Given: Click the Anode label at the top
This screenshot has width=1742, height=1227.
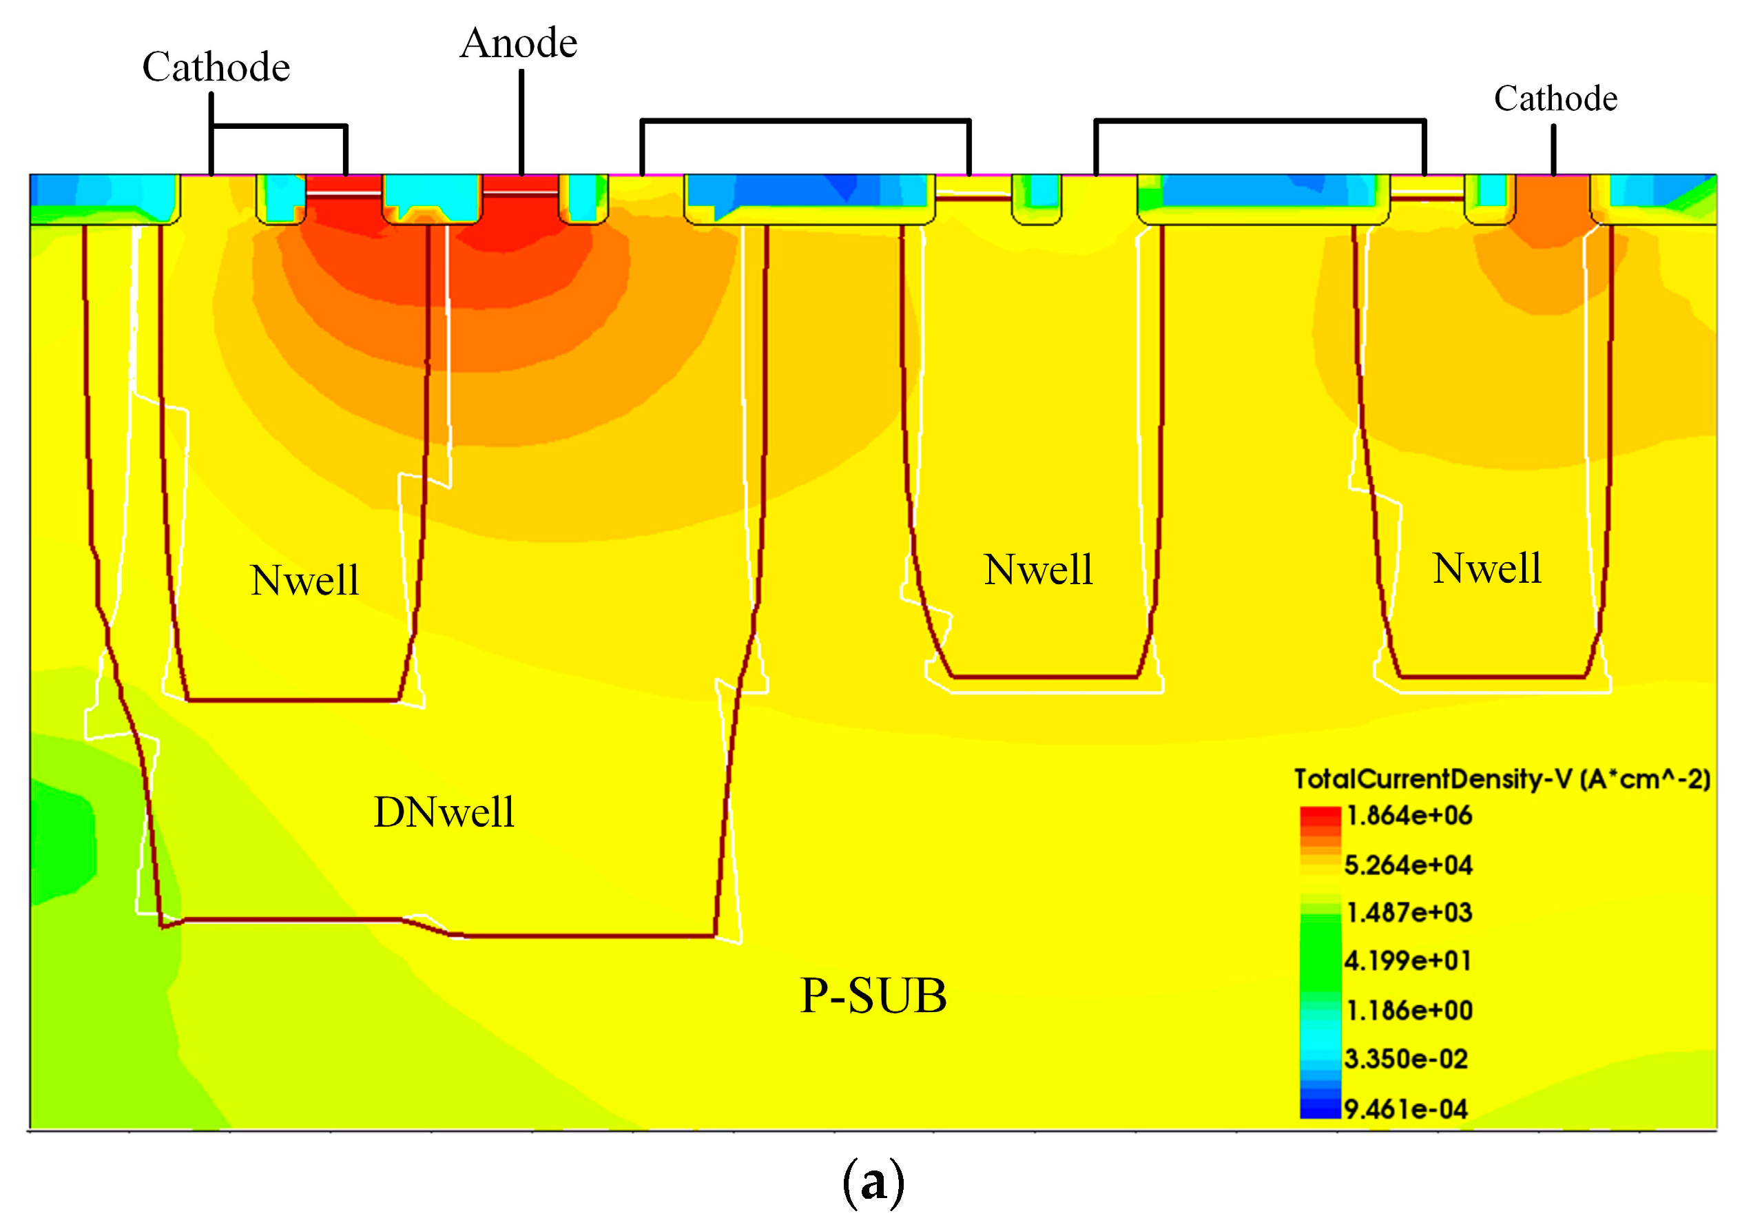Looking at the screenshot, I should click(x=519, y=43).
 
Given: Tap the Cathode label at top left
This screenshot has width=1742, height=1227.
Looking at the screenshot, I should click(x=216, y=68).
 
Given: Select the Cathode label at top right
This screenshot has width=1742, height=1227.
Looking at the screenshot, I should click(x=1555, y=99).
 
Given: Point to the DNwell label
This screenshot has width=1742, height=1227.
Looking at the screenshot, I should click(x=444, y=812).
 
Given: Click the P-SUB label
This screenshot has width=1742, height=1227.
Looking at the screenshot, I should click(x=873, y=996).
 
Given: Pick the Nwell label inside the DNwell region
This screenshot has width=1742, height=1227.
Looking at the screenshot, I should click(x=304, y=581).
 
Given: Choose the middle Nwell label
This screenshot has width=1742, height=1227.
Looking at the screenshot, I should click(x=1038, y=569).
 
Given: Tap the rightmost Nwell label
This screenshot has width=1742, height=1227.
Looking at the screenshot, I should click(x=1487, y=568).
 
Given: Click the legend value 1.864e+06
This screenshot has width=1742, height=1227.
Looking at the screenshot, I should click(x=1409, y=816).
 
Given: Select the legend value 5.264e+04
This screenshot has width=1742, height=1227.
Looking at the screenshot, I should click(x=1408, y=865).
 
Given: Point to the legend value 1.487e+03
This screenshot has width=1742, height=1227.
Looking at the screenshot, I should click(x=1409, y=912).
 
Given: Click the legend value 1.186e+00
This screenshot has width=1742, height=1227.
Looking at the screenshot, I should click(x=1409, y=1011).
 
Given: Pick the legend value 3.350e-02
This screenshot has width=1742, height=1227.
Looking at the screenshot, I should click(x=1406, y=1060).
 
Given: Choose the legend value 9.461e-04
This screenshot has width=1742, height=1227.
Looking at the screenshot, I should click(x=1406, y=1109).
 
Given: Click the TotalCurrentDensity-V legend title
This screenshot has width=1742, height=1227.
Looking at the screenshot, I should click(x=1502, y=779).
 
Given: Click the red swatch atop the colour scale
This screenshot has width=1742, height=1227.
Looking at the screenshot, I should click(x=1320, y=818).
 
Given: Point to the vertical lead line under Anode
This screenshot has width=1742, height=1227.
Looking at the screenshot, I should click(x=521, y=121).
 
